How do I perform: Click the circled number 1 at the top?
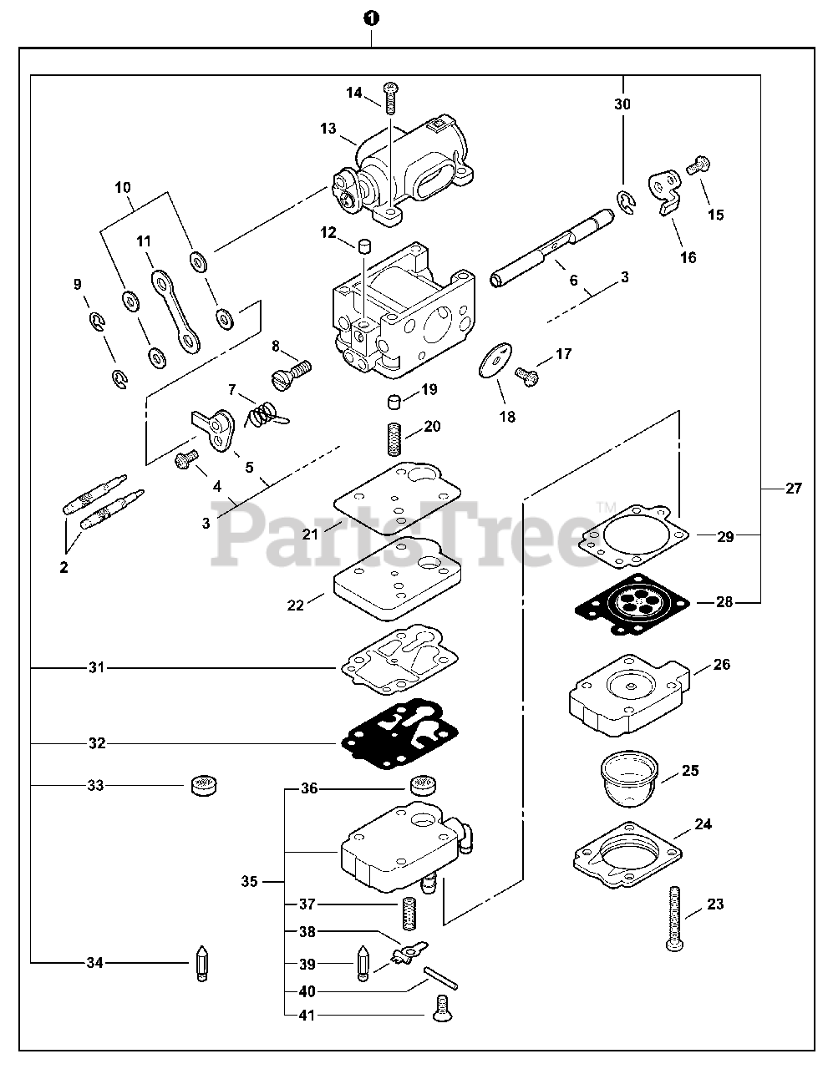click(368, 18)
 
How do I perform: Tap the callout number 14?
click(354, 93)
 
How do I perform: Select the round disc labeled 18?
click(494, 361)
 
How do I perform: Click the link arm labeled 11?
click(177, 309)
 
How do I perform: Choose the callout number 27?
click(793, 489)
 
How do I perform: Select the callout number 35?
click(249, 881)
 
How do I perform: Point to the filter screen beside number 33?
click(203, 785)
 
